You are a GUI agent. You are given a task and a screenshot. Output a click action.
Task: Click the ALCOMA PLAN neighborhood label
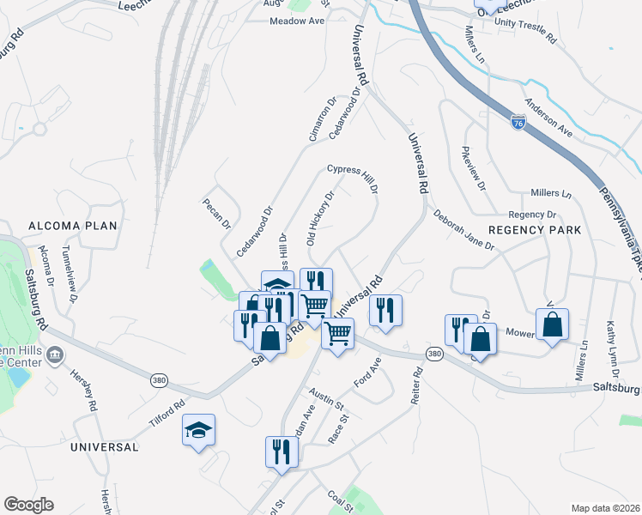72,226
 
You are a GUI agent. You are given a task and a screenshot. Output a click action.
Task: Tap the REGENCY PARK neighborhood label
535,230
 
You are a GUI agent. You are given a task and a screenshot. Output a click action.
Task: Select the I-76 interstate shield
518,123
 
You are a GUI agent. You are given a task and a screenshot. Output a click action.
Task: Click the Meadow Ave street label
297,21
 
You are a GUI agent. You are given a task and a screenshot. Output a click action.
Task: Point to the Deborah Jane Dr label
463,230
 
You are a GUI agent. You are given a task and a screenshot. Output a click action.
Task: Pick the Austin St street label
326,398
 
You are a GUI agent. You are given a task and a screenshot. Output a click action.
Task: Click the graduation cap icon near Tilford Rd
198,430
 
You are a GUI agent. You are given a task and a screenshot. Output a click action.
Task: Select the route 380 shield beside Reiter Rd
435,354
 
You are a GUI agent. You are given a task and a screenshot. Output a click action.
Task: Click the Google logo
28,505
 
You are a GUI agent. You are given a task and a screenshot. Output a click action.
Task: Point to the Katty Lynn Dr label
613,361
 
